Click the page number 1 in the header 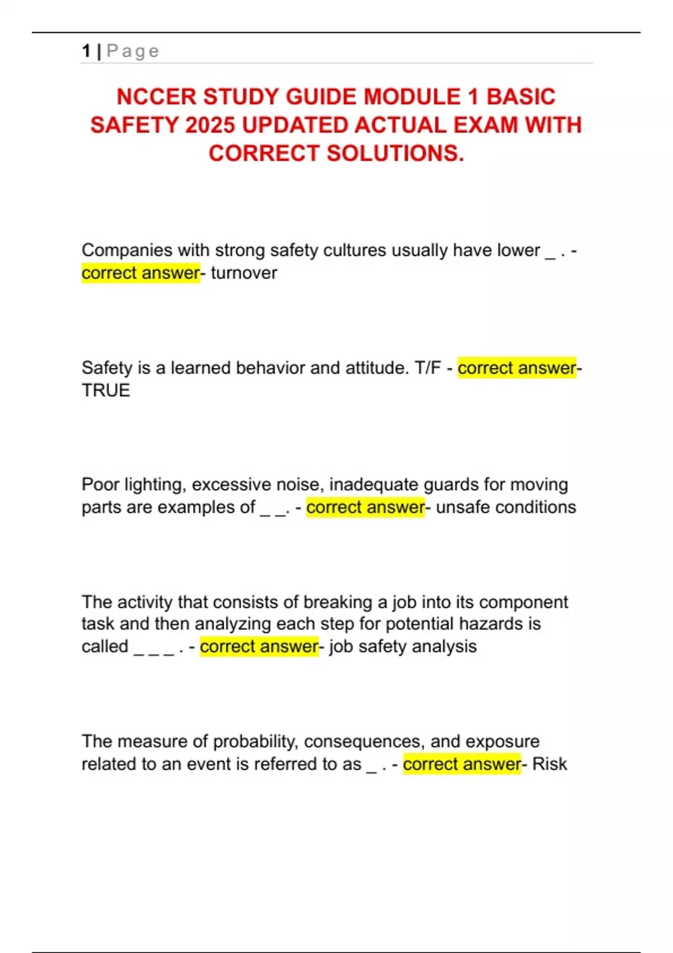point(86,51)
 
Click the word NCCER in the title point(156,97)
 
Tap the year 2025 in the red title point(210,125)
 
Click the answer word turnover point(244,273)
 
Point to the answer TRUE point(106,390)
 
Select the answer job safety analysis point(403,646)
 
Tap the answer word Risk point(550,764)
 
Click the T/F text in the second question point(428,368)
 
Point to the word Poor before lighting point(100,484)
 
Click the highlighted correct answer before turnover point(140,273)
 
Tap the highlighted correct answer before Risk point(462,764)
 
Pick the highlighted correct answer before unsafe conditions point(365,507)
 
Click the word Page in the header point(133,51)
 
